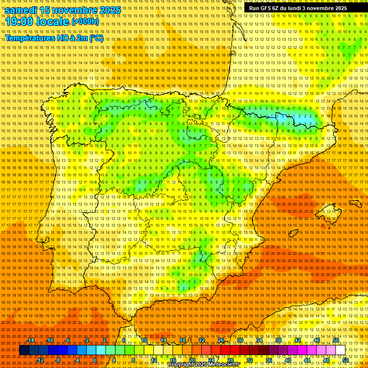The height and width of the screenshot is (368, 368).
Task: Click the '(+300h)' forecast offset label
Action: point(85,22)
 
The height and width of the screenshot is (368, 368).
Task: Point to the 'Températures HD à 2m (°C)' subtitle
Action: point(54,38)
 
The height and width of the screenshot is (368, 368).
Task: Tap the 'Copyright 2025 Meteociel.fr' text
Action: point(204,365)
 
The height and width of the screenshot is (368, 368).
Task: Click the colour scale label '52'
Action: point(345,360)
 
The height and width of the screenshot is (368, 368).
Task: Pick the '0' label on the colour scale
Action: point(95,360)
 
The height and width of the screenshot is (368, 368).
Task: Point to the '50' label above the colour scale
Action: point(336,340)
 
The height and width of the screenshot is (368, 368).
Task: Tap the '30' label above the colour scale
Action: point(240,340)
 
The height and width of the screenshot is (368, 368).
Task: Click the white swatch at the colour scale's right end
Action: point(340,350)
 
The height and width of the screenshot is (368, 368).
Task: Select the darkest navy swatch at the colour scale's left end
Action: point(24,350)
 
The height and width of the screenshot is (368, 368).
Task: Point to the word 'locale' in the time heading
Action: point(52,22)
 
